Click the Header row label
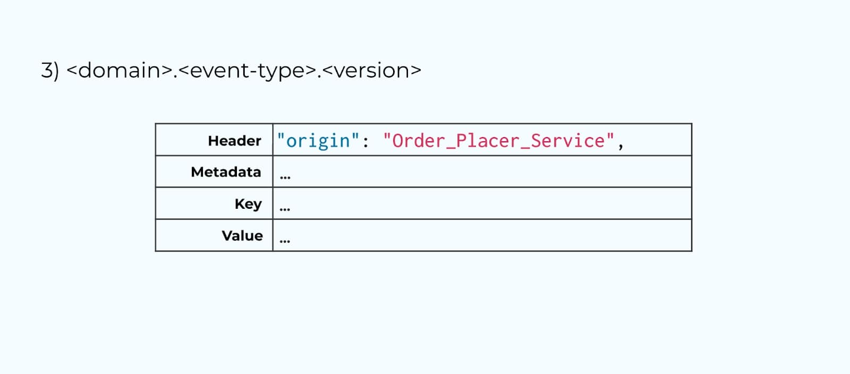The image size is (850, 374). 234,141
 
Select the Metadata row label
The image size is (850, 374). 226,172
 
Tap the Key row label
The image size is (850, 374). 248,204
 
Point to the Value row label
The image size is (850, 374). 242,235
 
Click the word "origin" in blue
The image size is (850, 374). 318,141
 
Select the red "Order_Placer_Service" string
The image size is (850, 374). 498,141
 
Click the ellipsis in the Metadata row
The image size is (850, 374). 285,177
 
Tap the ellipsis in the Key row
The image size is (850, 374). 285,209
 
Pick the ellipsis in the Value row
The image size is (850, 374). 285,241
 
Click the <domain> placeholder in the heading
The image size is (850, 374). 120,70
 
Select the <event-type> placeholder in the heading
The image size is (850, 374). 248,70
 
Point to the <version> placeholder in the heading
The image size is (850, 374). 371,70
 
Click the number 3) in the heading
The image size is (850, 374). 50,70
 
